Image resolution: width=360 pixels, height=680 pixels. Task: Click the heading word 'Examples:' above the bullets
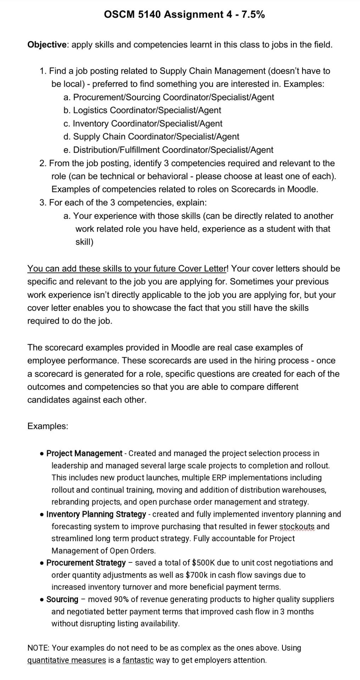[48, 426]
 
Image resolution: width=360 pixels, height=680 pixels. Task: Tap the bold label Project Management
[84, 454]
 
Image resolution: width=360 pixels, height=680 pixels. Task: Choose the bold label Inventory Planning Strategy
[96, 514]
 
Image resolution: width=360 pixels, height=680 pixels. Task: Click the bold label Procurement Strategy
[86, 563]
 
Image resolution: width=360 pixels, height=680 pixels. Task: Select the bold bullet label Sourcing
[62, 599]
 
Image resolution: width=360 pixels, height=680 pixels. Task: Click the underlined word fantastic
[138, 660]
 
